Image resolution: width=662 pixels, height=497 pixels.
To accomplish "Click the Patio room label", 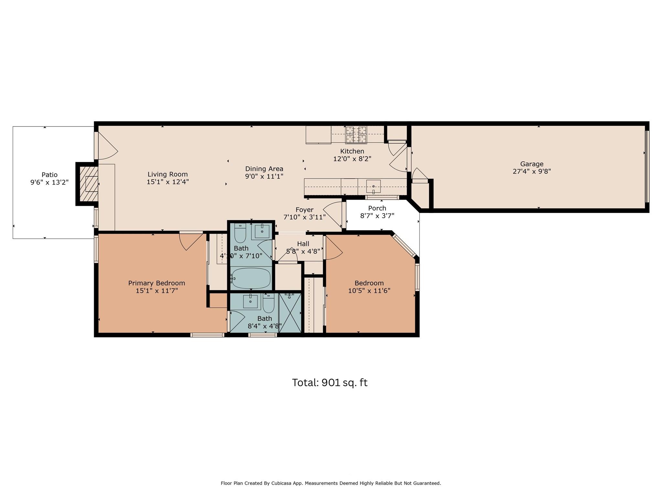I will (x=49, y=175).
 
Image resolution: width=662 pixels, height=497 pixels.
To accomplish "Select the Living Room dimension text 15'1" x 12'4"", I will (x=167, y=182).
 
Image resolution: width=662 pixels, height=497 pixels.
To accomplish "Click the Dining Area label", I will (x=264, y=169).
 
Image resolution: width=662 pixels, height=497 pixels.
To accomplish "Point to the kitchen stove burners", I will (x=356, y=134).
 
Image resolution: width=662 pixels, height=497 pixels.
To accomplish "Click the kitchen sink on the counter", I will (x=373, y=186).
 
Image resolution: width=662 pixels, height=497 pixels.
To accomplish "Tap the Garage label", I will (x=531, y=164).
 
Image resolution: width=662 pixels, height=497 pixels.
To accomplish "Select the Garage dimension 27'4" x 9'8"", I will (x=531, y=171).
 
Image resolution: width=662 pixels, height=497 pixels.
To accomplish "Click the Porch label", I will (x=377, y=208).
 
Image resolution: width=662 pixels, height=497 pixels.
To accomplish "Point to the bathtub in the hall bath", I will (x=251, y=278).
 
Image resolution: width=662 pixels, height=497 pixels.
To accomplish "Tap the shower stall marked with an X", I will (x=290, y=313).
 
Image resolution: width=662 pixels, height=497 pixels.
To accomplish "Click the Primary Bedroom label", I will (x=156, y=283).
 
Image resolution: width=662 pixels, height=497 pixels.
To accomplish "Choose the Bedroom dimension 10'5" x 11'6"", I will (x=369, y=291).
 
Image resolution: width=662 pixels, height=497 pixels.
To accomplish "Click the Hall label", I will (x=303, y=244).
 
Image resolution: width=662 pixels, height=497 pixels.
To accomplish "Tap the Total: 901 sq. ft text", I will (x=330, y=382).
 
